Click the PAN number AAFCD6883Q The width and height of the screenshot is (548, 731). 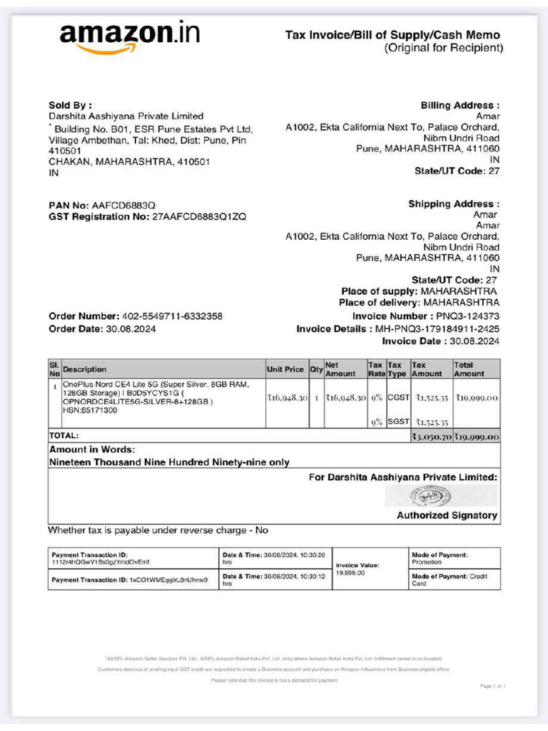(123, 206)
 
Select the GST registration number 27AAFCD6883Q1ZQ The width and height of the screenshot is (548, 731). (199, 216)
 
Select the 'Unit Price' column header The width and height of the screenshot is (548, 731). (286, 369)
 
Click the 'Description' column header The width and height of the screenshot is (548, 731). (85, 369)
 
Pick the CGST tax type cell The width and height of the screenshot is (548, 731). (397, 397)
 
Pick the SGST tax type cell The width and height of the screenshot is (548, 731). (397, 422)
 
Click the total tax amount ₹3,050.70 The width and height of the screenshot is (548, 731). (431, 436)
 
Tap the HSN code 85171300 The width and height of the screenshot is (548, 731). (102, 410)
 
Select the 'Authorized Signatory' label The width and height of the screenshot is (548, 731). (447, 515)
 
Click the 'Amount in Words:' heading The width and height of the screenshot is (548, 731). (91, 450)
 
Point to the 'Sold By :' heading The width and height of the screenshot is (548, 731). (70, 105)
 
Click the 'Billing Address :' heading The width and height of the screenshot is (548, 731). (460, 105)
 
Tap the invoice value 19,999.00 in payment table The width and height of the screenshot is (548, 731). (350, 573)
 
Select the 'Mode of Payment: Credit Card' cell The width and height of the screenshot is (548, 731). (454, 580)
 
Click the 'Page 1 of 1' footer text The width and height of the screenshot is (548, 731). (493, 686)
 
